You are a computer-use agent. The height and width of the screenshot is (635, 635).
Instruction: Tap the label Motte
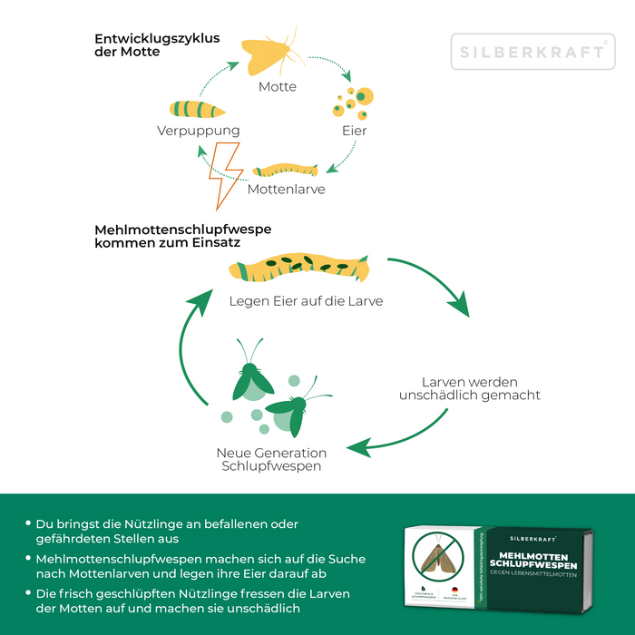278,87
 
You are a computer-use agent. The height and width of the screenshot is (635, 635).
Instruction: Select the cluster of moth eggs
351,102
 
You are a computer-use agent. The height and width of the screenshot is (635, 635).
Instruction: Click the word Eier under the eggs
355,131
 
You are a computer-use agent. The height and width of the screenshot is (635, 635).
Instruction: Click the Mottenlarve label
287,190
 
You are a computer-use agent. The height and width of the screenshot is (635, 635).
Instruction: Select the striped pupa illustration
199,109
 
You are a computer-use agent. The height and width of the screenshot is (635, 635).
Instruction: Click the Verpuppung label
199,131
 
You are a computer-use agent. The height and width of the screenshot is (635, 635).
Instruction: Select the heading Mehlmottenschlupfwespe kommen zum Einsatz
182,237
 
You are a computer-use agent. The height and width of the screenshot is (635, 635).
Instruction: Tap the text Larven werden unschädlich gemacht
469,388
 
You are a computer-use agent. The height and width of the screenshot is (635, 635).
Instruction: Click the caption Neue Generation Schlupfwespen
271,459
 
